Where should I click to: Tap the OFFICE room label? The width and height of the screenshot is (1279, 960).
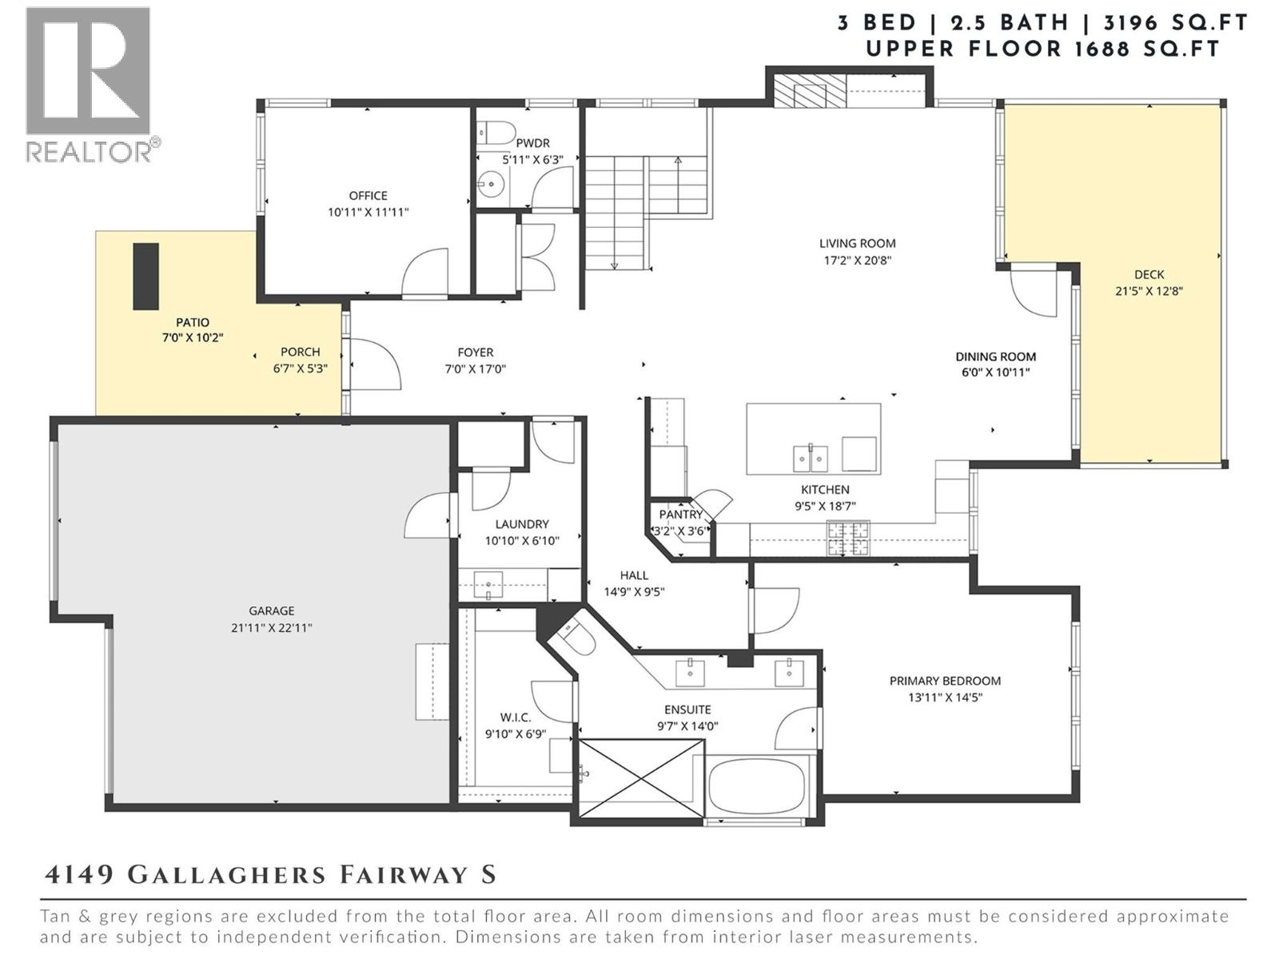point(368,195)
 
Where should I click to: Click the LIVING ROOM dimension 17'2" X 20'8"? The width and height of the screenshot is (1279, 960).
point(857,260)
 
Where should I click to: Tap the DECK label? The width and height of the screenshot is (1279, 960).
point(1149,274)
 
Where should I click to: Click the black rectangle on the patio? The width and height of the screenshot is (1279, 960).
point(145,276)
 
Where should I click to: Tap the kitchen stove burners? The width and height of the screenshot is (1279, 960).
point(848,538)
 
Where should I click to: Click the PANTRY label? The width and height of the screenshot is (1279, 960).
point(680,514)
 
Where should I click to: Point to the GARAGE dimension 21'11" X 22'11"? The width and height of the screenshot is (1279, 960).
point(271,628)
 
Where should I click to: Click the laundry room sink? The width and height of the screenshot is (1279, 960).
point(488,585)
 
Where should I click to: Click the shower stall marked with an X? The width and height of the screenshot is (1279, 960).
point(640,778)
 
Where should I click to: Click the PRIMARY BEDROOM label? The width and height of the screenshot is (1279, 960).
point(945,681)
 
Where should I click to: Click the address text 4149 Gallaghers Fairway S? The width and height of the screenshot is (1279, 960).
point(270,874)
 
